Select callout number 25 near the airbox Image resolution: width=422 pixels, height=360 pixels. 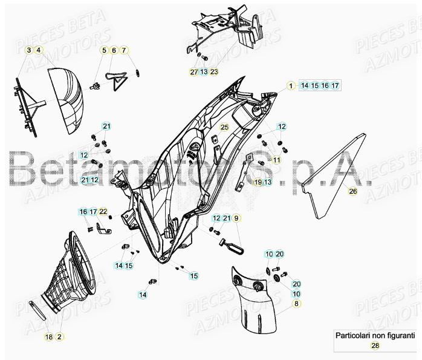pyautogui.click(x=224, y=127)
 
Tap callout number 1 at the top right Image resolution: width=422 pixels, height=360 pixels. pyautogui.click(x=290, y=86)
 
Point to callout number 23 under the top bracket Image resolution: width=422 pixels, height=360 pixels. pyautogui.click(x=214, y=72)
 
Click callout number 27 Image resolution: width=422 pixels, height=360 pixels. pyautogui.click(x=194, y=72)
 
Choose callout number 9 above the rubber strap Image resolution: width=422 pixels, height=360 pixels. pyautogui.click(x=236, y=218)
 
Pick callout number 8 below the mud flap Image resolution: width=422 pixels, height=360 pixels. pyautogui.click(x=296, y=303)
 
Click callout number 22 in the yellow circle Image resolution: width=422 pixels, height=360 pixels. pyautogui.click(x=103, y=211)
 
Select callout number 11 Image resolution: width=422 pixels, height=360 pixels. pyautogui.click(x=277, y=160)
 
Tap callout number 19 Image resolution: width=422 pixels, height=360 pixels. pyautogui.click(x=258, y=182)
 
